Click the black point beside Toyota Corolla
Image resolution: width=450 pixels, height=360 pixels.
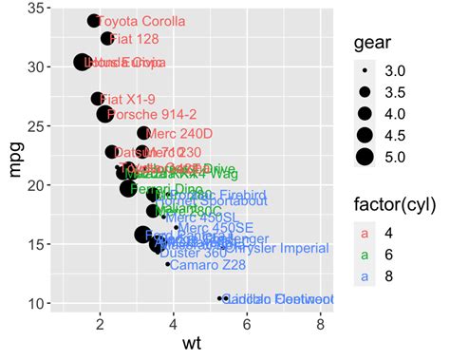click(x=94, y=21)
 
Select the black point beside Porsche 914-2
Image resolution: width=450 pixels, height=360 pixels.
click(x=104, y=115)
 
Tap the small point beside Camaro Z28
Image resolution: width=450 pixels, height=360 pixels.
click(x=168, y=264)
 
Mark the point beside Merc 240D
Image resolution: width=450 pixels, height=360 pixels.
click(x=143, y=134)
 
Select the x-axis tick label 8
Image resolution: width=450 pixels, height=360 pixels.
click(x=320, y=324)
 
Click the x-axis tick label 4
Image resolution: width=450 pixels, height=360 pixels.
click(x=174, y=324)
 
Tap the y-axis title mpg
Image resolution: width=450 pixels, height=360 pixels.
click(x=13, y=158)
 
